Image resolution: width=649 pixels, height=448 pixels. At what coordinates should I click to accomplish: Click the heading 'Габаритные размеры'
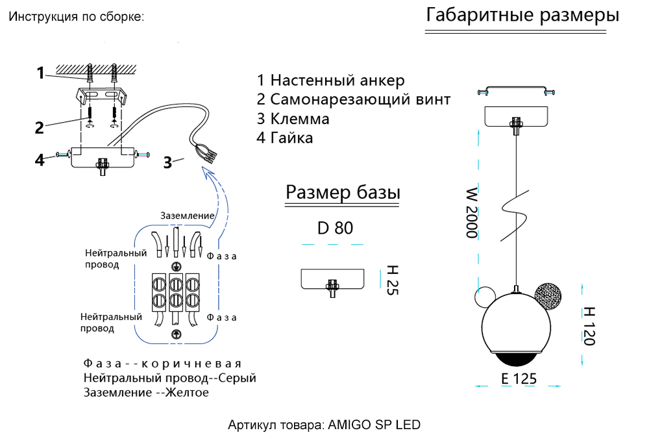pos(522,16)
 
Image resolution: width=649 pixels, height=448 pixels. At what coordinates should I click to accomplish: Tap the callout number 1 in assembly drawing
pos(40,73)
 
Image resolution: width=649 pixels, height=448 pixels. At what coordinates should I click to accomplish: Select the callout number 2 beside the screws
pos(40,127)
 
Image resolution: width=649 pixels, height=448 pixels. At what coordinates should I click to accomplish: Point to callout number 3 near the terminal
pos(167,163)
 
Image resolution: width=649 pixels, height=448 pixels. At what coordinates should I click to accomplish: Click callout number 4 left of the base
pos(40,159)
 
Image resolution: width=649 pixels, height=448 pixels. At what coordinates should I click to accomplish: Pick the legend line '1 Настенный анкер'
pos(330,81)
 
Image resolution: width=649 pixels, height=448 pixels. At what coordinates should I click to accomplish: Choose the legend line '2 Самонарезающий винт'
pos(353,100)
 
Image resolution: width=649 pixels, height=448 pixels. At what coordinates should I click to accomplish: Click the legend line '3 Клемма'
pos(293,119)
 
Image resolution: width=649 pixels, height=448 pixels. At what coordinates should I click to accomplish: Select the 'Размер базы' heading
pos(343,193)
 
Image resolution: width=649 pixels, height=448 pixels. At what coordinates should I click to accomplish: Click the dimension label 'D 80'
pos(335,228)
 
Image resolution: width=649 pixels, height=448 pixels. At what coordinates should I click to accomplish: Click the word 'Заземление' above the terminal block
pos(188,216)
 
